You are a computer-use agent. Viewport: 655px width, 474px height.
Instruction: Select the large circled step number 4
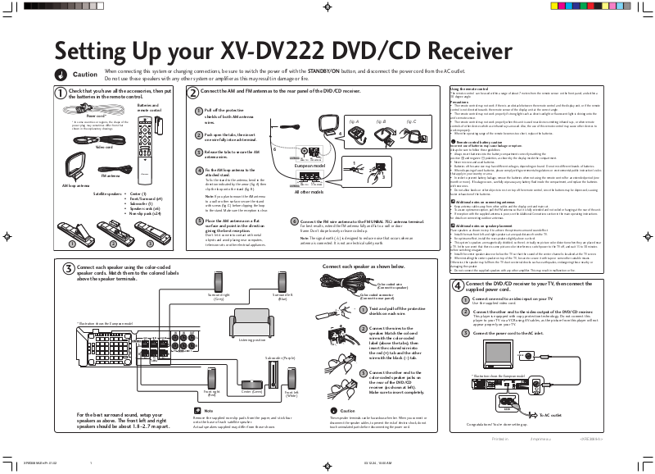pyautogui.click(x=458, y=285)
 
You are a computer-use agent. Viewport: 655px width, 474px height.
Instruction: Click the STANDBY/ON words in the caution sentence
pyautogui.click(x=325, y=71)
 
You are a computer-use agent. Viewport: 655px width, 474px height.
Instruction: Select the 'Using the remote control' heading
pyautogui.click(x=468, y=88)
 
